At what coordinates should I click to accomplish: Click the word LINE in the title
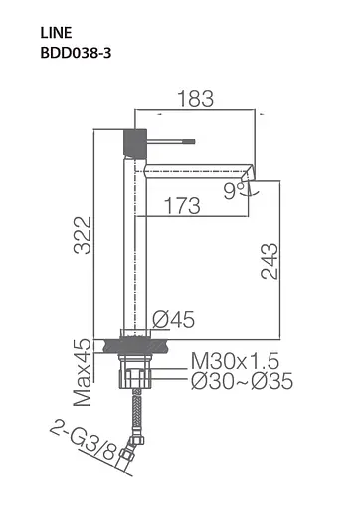point(56,33)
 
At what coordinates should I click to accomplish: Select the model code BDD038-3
point(76,53)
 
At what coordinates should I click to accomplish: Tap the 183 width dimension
point(196,98)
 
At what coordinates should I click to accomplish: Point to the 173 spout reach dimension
point(182,206)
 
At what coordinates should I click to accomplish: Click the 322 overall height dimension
point(83,235)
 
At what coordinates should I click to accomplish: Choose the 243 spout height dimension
point(270,261)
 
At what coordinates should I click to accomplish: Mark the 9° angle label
point(234,191)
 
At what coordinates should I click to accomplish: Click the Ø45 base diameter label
point(174,319)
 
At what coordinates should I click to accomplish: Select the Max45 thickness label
point(83,372)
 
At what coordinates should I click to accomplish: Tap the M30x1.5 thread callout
point(235,361)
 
